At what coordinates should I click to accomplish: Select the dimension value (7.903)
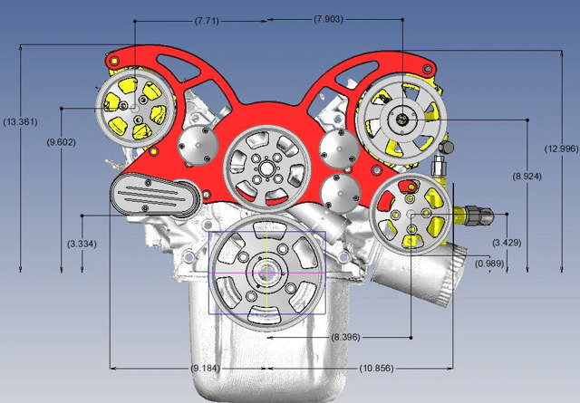click(x=327, y=19)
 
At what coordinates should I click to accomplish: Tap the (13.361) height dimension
click(x=21, y=121)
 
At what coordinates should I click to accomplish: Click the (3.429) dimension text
click(x=507, y=243)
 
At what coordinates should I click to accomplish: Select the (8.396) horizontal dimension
click(x=345, y=337)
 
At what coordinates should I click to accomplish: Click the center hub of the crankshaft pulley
click(x=268, y=271)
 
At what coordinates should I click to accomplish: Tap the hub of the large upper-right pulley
click(x=400, y=118)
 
